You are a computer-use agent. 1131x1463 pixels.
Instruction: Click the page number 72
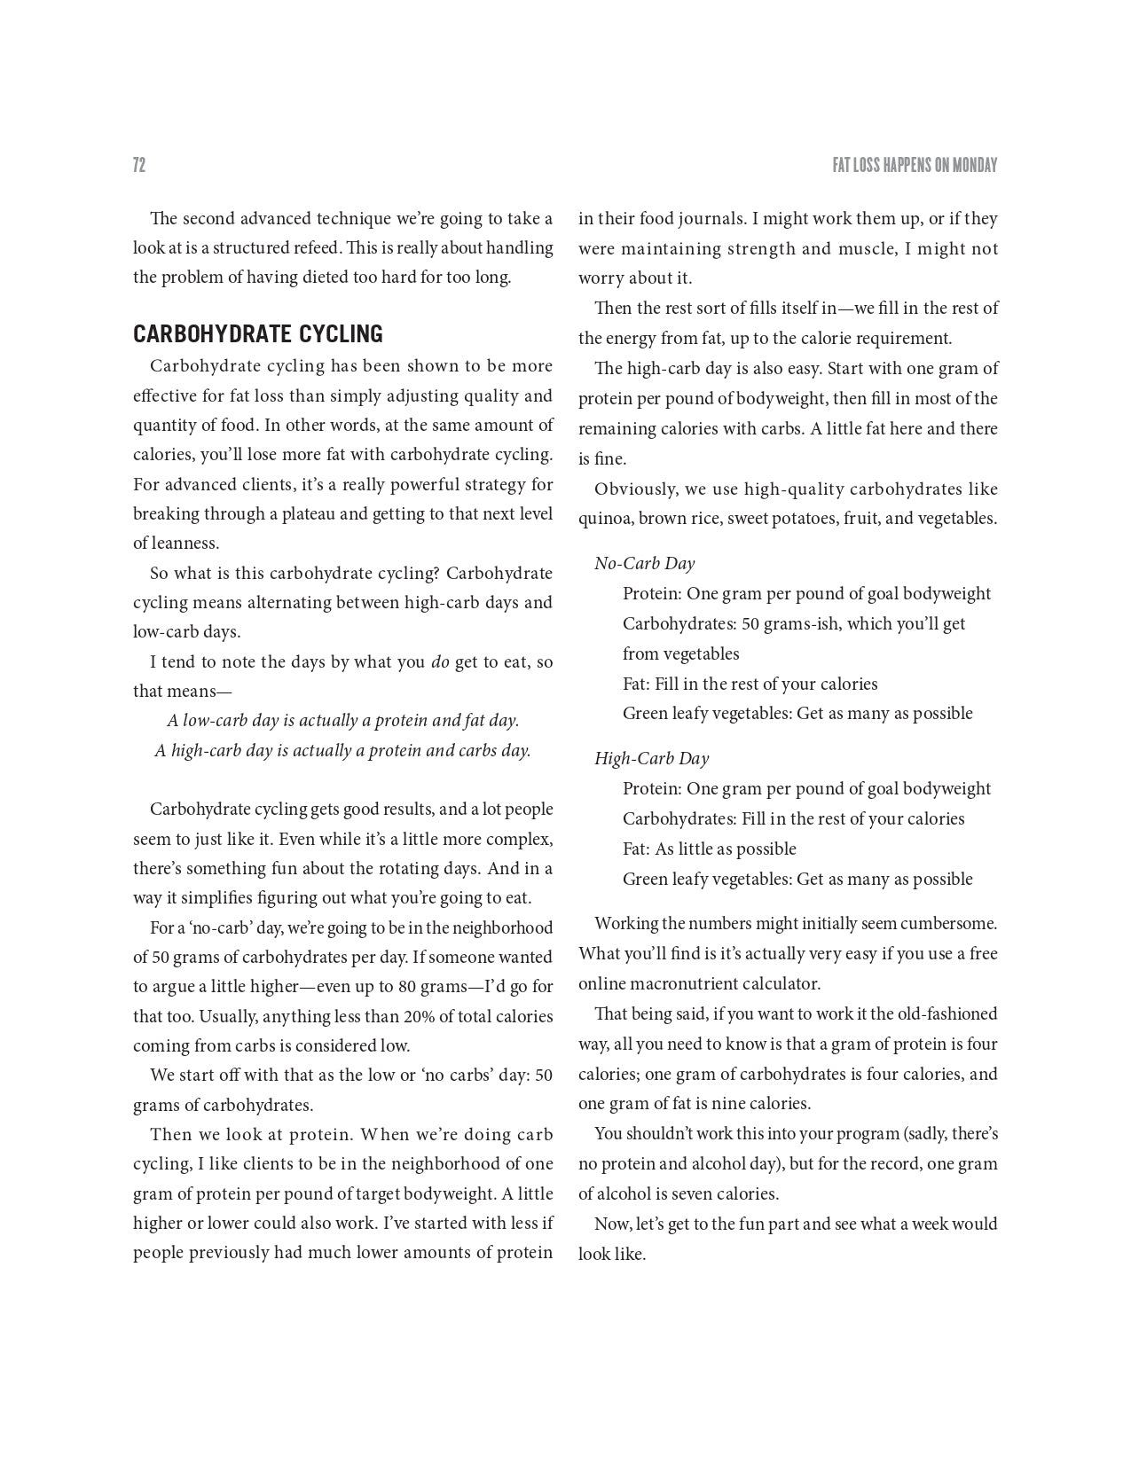click(x=139, y=165)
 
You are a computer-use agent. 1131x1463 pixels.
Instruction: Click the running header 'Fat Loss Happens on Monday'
click(x=915, y=166)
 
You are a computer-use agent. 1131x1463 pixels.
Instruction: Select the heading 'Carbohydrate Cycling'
click(x=257, y=334)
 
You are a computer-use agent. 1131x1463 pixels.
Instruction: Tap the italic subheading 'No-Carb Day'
click(x=644, y=564)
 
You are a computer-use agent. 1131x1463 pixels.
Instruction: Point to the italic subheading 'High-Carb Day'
click(x=651, y=759)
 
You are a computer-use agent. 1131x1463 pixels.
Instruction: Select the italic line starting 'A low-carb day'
click(x=342, y=721)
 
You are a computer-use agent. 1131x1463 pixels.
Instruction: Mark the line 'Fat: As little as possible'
click(x=709, y=849)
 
